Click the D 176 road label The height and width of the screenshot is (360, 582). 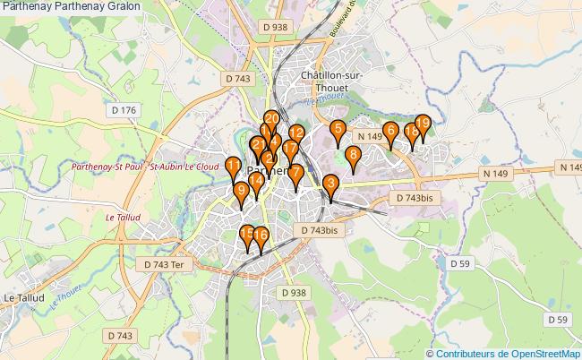[125, 110]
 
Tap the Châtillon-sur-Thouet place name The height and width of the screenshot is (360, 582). [331, 81]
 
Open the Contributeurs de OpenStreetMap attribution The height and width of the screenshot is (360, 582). [509, 353]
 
